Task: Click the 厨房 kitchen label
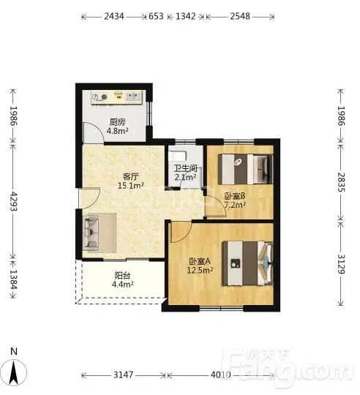pos(117,122)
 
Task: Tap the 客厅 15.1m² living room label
pos(131,181)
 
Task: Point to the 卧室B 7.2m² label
pos(235,200)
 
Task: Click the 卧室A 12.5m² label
pos(200,266)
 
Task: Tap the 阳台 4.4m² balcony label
pos(122,280)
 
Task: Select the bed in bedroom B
pos(246,169)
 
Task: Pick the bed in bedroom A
pos(247,263)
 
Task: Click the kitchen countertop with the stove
pos(117,97)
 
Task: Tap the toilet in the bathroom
pos(178,156)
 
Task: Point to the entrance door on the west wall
pos(89,198)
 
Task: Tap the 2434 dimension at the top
pos(114,16)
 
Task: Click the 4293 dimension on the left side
pos(13,202)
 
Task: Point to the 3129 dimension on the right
pos(341,264)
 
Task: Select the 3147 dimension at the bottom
pos(123,375)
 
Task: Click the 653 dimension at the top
pos(156,16)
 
